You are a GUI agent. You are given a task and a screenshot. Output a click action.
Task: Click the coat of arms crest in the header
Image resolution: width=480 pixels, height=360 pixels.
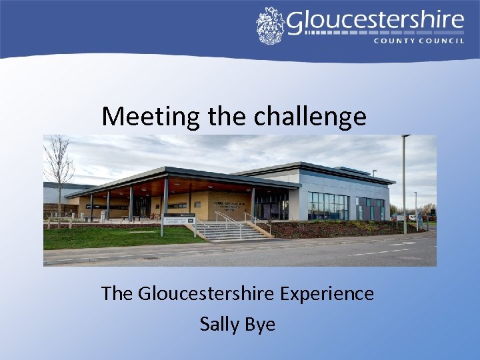pos(270,25)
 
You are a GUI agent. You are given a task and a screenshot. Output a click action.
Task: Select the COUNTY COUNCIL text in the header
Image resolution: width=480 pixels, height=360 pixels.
pos(418,41)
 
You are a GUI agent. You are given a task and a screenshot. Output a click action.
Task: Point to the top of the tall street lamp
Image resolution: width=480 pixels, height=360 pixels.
pos(405,137)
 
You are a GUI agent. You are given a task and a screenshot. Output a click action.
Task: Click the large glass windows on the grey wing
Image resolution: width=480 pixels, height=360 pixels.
pos(327,206)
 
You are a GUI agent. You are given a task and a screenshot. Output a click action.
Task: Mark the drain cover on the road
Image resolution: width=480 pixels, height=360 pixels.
pos(151,257)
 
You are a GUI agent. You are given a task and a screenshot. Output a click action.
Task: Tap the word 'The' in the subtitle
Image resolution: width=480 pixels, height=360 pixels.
pos(117,293)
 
